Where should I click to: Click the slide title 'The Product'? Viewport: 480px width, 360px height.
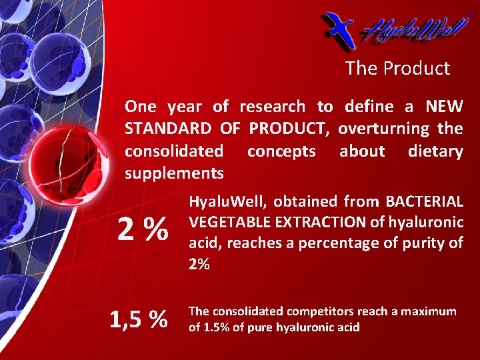(397, 68)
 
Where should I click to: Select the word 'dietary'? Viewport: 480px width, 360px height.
(435, 151)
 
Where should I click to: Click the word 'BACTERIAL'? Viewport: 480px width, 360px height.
(424, 201)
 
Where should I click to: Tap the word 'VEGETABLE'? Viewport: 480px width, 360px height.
(221, 222)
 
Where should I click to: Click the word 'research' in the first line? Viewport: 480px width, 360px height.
(272, 107)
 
